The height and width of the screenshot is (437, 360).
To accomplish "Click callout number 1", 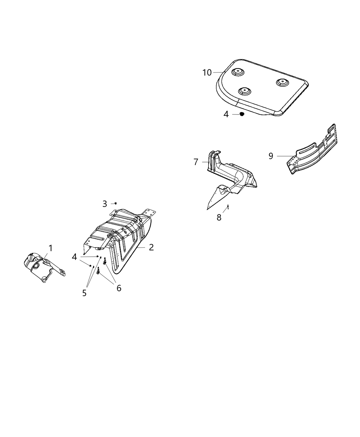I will (x=50, y=248).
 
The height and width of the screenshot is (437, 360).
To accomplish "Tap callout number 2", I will (x=151, y=247).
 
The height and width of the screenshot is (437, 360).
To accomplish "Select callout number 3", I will (x=105, y=204).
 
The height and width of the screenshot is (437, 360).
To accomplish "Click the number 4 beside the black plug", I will (x=226, y=114).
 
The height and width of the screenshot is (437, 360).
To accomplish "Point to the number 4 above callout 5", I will (x=74, y=257).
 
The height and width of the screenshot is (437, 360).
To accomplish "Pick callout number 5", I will (x=84, y=293).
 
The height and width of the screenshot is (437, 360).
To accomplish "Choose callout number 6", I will (x=119, y=288).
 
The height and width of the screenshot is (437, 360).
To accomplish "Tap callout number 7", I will (x=196, y=162).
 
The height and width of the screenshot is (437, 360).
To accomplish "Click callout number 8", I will (x=219, y=217).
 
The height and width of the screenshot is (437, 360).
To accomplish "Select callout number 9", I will (x=271, y=156).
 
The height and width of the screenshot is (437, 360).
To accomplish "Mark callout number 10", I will (x=207, y=72).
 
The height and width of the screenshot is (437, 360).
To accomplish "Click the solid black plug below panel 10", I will (x=242, y=114).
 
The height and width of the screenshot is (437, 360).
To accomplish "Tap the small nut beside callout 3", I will (x=116, y=204).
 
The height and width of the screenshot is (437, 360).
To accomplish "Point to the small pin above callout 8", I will (x=228, y=207).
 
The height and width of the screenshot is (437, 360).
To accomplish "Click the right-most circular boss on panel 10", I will (x=282, y=82).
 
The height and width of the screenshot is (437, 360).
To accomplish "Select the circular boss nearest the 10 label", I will (x=237, y=72).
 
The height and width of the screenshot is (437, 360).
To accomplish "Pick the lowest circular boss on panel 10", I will (x=244, y=91).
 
